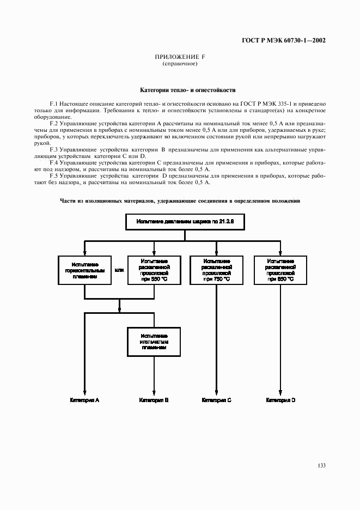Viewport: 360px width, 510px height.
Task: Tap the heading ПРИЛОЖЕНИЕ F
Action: [180, 57]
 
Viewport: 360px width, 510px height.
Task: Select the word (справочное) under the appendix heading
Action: [180, 64]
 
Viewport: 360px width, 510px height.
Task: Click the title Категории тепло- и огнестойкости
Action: [180, 90]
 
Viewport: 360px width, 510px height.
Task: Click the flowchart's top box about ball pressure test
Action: [184, 222]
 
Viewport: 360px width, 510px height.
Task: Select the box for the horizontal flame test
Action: [84, 270]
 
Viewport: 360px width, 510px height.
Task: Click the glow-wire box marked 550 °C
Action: [154, 270]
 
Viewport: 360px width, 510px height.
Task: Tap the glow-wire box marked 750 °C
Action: [217, 270]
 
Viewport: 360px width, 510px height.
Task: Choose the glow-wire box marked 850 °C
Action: [280, 270]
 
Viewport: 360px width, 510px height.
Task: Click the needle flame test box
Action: [154, 341]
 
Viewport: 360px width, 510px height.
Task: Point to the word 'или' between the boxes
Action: [119, 270]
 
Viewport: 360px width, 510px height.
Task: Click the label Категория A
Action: [84, 400]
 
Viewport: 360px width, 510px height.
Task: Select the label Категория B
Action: [154, 400]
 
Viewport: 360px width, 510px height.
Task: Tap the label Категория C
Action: [217, 400]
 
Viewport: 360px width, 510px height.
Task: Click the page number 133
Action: [321, 465]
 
